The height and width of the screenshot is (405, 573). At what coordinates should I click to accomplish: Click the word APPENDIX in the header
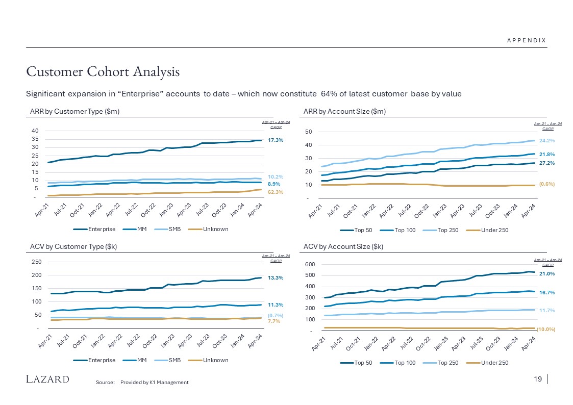tap(526, 41)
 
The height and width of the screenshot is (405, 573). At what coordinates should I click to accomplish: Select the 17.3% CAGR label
tap(276, 140)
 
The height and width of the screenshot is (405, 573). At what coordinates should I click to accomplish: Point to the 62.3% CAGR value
tap(276, 192)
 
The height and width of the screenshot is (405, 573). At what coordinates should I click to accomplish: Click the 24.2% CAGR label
tap(547, 140)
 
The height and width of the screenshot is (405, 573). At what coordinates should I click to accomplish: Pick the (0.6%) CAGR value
tap(547, 184)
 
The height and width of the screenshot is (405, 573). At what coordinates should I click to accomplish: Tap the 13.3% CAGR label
tap(276, 278)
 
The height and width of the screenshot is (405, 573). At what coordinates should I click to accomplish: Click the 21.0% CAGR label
tap(547, 274)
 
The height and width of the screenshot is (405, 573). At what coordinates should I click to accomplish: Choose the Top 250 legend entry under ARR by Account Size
tap(444, 230)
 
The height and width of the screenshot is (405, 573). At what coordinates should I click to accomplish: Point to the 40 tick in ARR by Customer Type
tap(35, 131)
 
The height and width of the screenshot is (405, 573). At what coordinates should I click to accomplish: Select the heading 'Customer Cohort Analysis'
tap(103, 72)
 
